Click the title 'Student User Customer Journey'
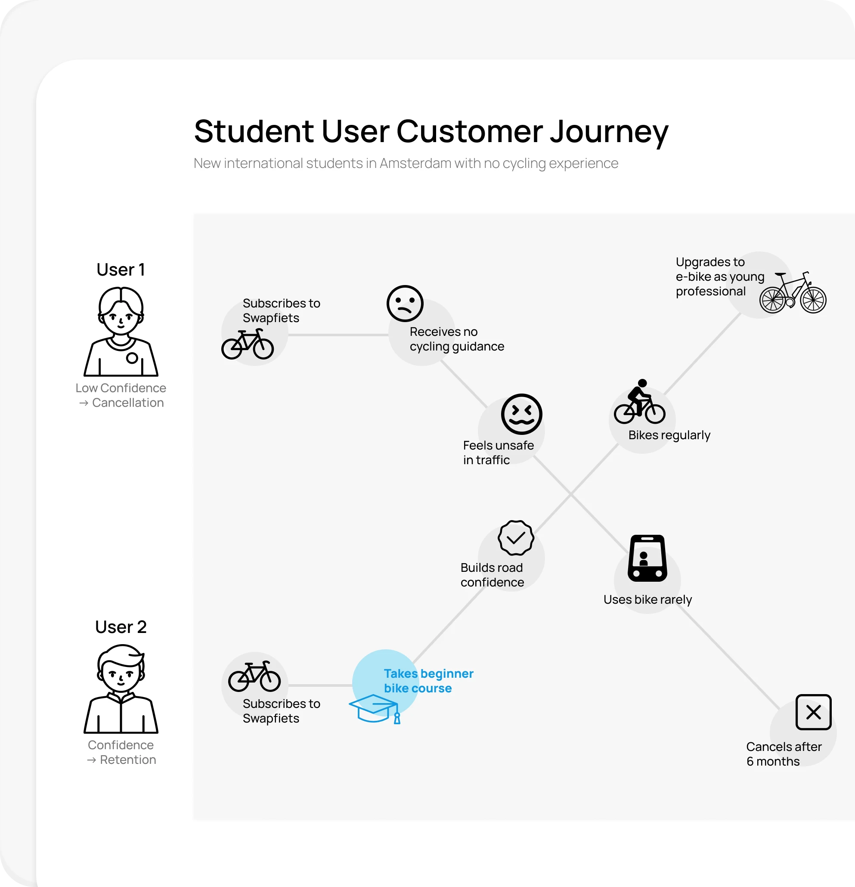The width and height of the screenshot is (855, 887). (431, 132)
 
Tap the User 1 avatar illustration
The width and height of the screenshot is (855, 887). (121, 332)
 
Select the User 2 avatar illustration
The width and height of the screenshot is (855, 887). (121, 689)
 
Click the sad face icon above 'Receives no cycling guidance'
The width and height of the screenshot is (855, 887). (405, 304)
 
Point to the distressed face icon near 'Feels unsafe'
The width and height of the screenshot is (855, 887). (521, 414)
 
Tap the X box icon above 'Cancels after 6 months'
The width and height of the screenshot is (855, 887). (813, 712)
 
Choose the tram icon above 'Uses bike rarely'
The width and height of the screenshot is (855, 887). (647, 558)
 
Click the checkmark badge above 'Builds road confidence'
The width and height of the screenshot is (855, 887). (516, 538)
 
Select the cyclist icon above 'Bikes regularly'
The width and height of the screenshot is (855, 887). (639, 402)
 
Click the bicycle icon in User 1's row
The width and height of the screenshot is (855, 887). (248, 344)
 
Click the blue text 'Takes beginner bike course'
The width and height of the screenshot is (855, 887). (428, 681)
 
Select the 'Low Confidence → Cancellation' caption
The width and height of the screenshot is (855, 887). (121, 396)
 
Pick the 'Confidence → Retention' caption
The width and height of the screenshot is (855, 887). (121, 752)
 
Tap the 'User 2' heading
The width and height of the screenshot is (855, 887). (121, 627)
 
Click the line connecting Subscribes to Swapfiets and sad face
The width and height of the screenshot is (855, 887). (338, 335)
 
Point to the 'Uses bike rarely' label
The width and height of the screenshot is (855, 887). (647, 600)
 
